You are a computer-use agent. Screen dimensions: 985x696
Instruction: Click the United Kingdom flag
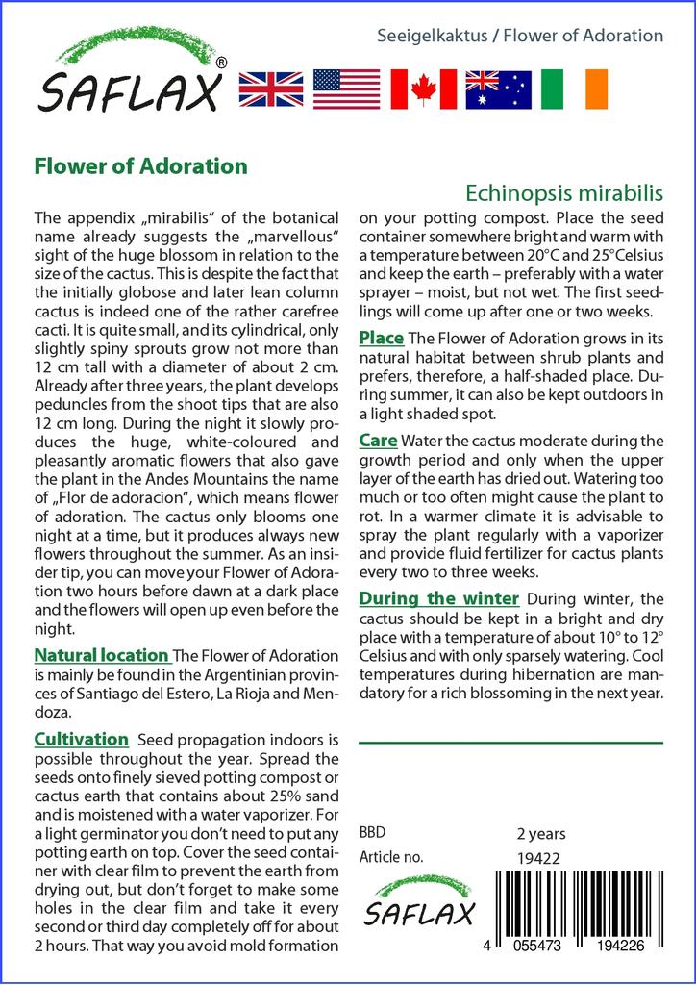pyautogui.click(x=270, y=88)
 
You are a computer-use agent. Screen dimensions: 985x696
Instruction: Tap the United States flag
pyautogui.click(x=346, y=88)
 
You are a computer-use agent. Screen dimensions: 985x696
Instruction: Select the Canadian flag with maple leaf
pyautogui.click(x=423, y=88)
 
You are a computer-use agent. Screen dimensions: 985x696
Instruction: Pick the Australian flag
pyautogui.click(x=498, y=88)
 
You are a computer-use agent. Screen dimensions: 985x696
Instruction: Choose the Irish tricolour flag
pyautogui.click(x=575, y=88)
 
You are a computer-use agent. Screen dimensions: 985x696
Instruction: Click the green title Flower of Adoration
pyautogui.click(x=140, y=165)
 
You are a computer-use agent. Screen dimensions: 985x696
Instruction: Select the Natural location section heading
pyautogui.click(x=101, y=656)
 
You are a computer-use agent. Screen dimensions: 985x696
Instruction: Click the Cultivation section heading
pyautogui.click(x=81, y=739)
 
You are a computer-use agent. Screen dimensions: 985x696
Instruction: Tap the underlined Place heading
pyautogui.click(x=381, y=339)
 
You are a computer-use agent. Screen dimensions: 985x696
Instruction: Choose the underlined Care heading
pyautogui.click(x=378, y=441)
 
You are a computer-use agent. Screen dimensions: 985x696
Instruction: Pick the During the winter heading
pyautogui.click(x=439, y=598)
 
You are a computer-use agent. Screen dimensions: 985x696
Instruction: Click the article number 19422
pyautogui.click(x=537, y=857)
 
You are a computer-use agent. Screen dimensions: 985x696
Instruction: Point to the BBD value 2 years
pyautogui.click(x=541, y=833)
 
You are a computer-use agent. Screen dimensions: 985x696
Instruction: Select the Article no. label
pyautogui.click(x=390, y=857)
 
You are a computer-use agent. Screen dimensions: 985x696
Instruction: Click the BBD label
pyautogui.click(x=372, y=833)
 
